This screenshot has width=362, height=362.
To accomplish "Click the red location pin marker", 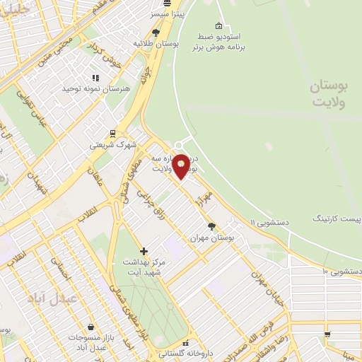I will pos(181,166).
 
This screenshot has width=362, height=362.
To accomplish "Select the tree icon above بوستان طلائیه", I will pos(156,32).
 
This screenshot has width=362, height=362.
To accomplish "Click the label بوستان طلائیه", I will pos(156,44).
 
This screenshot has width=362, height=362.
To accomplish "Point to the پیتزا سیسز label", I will pos(167,13).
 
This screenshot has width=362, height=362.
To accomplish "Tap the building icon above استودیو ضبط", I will pos(218,25).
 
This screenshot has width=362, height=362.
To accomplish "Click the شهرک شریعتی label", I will pos(110,145).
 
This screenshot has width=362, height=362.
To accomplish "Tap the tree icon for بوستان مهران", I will pos(211,226).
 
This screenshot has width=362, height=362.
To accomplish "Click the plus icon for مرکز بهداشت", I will pos(144,250).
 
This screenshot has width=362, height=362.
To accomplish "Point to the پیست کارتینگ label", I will pos(338,219).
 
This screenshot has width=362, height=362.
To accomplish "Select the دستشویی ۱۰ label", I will pos(342,271).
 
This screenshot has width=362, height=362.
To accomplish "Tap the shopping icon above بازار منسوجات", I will pos(92,327).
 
